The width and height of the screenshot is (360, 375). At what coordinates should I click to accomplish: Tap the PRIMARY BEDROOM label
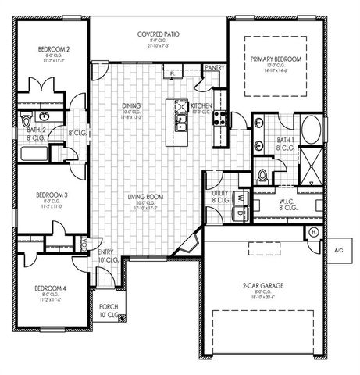276,59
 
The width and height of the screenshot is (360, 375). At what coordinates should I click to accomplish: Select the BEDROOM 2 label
54,49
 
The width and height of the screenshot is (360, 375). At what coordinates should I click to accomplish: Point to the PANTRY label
214,68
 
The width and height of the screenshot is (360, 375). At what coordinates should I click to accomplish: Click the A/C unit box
338,251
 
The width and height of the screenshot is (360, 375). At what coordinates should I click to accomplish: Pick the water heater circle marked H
314,233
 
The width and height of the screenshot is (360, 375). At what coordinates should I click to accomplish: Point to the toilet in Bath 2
26,122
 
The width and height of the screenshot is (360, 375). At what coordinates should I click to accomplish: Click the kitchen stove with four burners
221,120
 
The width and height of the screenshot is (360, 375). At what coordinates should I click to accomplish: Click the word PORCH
109,307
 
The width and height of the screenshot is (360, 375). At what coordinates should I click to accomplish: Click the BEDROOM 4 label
49,288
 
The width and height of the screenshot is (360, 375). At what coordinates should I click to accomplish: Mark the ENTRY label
106,252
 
